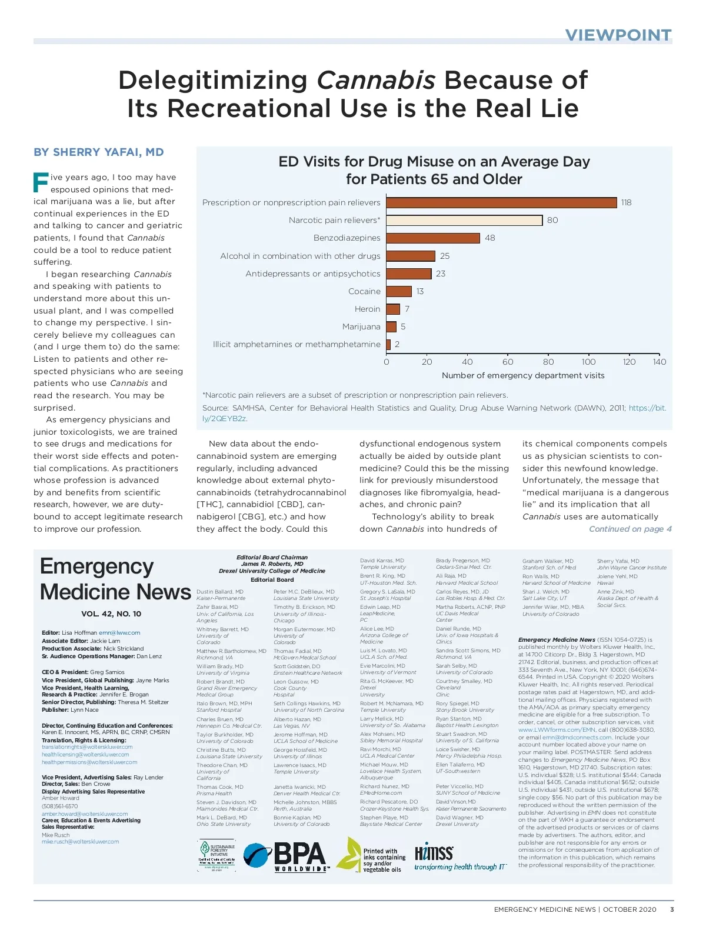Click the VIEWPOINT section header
(618, 35)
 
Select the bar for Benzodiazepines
(433, 238)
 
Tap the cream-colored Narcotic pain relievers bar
(464, 221)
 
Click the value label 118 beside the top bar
(626, 203)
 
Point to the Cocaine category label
(364, 291)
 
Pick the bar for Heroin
(393, 309)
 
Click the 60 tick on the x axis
(508, 362)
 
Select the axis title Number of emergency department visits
(523, 375)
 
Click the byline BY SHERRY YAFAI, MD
(99, 152)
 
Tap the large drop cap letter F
(41, 182)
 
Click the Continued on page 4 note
(630, 529)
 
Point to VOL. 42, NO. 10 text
(111, 614)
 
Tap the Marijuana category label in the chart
(361, 326)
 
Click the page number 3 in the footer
(672, 909)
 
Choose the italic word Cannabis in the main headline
(377, 81)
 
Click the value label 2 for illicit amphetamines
(397, 344)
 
